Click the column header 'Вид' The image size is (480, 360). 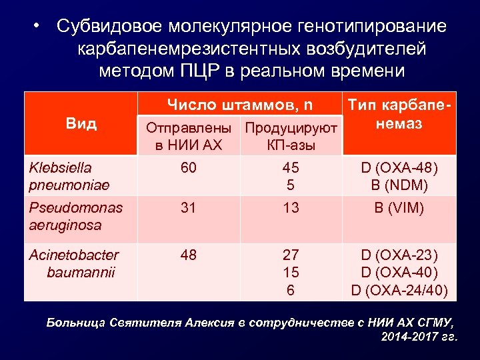81,123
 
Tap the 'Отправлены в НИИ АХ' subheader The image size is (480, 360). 189,135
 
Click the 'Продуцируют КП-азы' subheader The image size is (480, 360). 291,135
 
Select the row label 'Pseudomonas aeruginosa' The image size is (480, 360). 76,216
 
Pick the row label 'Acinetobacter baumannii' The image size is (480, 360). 74,263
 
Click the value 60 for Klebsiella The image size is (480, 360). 189,168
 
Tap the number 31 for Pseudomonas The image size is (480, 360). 189,208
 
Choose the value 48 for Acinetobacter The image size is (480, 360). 189,255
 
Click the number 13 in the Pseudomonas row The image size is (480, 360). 291,208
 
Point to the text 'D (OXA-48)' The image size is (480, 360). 399,168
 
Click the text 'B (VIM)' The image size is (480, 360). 399,208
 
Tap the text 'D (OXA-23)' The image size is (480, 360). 399,255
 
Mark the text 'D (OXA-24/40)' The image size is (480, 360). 399,290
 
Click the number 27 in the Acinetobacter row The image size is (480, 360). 291,255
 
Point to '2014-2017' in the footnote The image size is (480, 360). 408,337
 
